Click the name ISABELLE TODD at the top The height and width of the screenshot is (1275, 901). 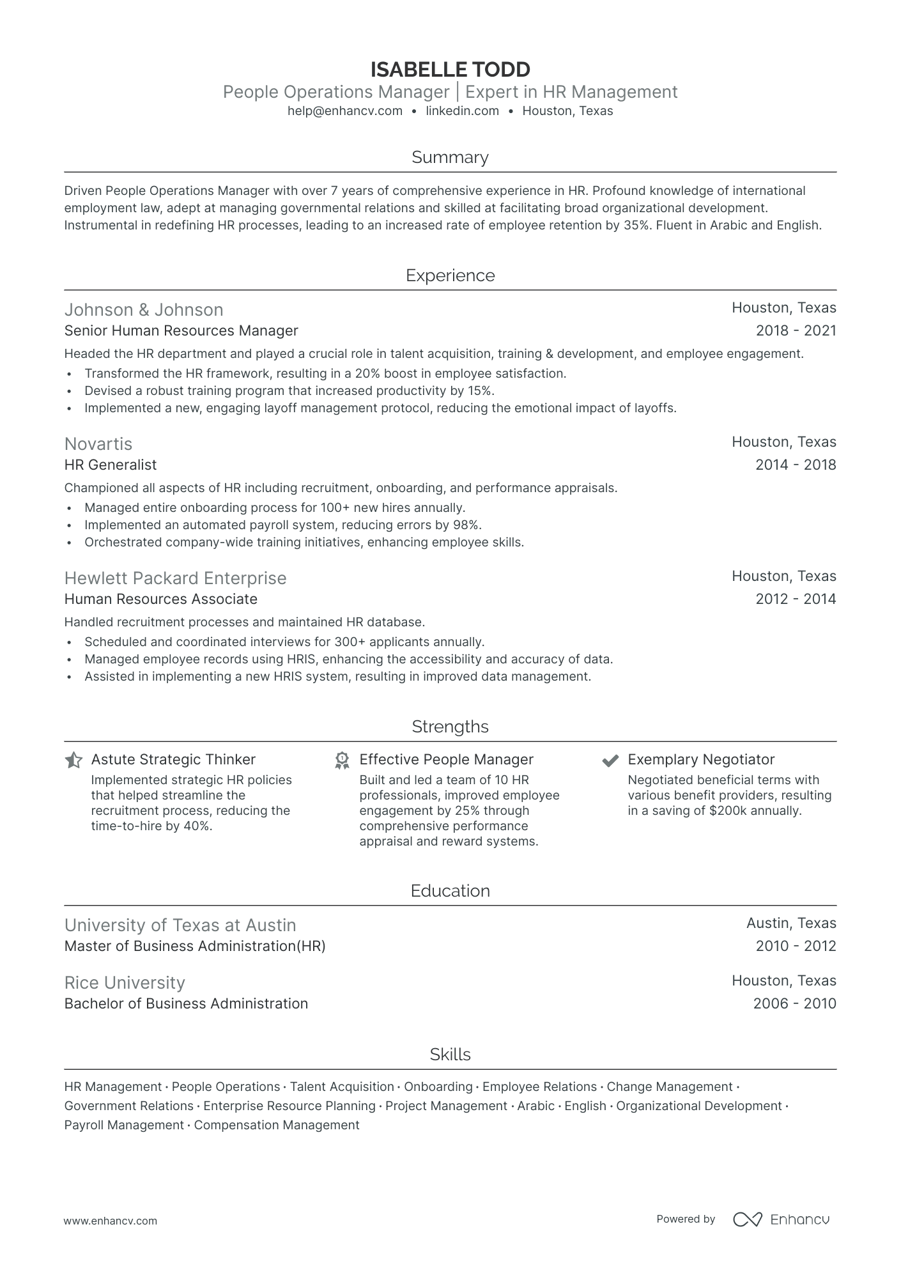coord(450,69)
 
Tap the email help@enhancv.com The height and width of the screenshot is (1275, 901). coord(345,111)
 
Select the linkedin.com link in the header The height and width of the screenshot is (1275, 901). coord(462,111)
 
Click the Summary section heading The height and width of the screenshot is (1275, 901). coord(450,157)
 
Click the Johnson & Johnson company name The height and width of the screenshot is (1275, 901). coord(144,310)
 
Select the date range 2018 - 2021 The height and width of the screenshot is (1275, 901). coord(796,331)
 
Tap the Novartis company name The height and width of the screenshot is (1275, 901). coord(98,444)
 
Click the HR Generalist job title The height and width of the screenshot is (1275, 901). coord(111,465)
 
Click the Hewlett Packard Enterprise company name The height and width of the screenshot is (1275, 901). coord(175,578)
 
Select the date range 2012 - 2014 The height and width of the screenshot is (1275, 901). coord(796,599)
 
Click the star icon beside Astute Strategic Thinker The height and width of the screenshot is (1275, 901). coord(73,760)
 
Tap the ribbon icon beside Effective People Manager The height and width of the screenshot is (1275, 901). coord(342,760)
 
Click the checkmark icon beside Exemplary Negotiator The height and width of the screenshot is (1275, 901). coord(610,760)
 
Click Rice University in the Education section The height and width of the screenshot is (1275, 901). coord(125,983)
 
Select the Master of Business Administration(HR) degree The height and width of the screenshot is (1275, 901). coord(195,947)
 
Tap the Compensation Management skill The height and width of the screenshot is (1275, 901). coord(276,1125)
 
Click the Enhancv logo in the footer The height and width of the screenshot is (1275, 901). coord(781,1219)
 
